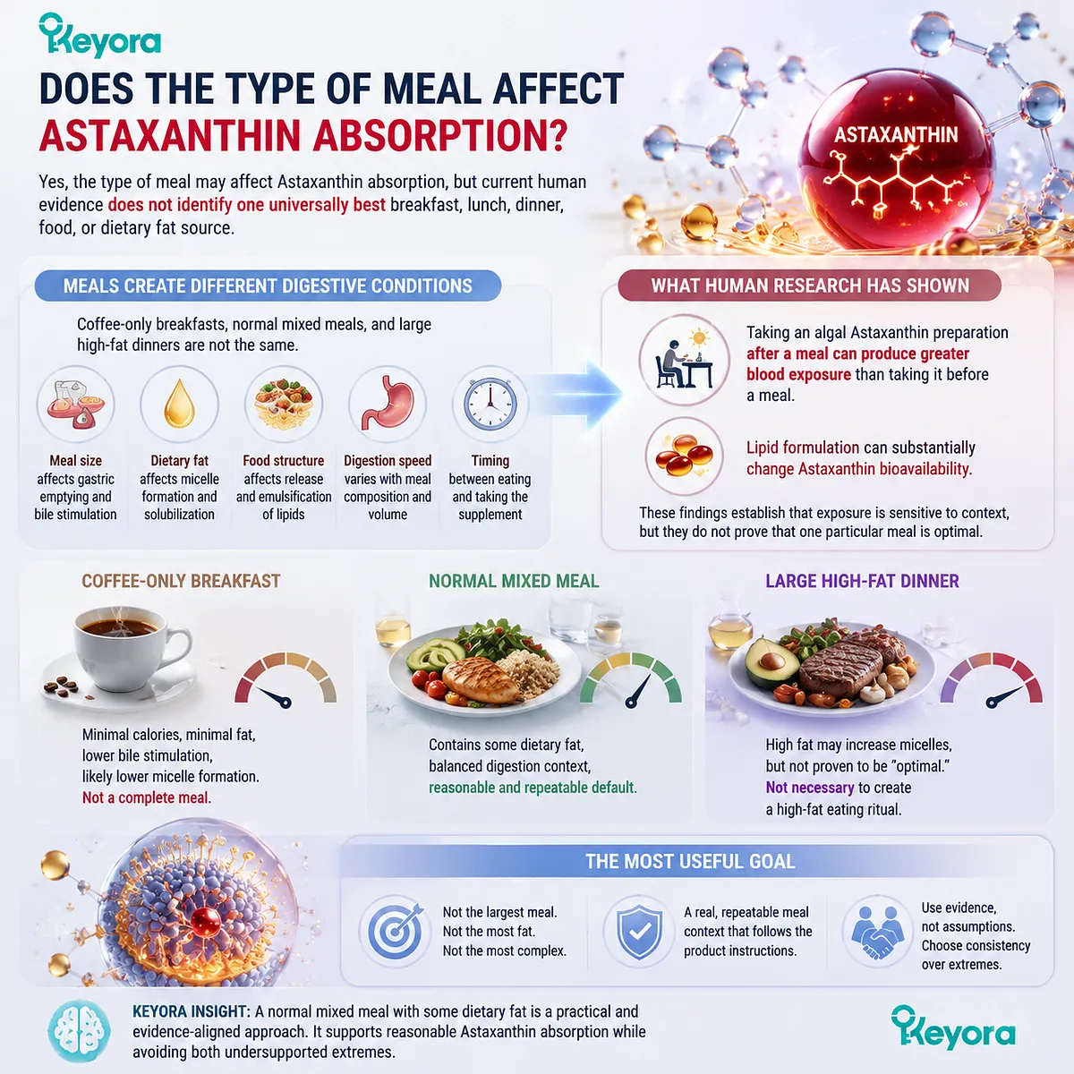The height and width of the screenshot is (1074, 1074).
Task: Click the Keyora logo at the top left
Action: tap(99, 35)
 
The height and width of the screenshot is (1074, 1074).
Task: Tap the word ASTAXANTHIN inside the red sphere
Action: tap(896, 135)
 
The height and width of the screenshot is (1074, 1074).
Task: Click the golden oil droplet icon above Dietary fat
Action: tap(179, 404)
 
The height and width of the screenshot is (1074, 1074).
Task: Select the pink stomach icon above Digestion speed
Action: tap(388, 404)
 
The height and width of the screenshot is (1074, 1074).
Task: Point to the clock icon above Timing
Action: tap(490, 404)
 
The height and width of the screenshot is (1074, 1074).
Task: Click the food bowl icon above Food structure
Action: tap(283, 404)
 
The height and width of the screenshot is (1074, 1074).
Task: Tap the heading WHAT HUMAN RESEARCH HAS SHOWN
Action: tap(810, 286)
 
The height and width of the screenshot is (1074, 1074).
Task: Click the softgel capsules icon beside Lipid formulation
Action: tap(684, 455)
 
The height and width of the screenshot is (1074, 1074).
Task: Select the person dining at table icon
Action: tap(685, 360)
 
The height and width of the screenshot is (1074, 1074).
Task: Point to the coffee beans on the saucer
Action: tap(61, 686)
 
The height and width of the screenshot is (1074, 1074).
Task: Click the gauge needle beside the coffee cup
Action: tap(271, 696)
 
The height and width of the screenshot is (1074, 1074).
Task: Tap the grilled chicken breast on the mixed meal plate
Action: tap(481, 678)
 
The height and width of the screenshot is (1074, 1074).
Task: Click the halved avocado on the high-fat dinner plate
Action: tap(771, 663)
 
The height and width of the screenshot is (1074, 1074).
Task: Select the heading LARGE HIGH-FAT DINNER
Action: tap(862, 582)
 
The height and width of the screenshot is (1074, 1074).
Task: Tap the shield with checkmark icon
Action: tap(639, 932)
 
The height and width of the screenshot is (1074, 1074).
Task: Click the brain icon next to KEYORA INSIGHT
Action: tap(79, 1031)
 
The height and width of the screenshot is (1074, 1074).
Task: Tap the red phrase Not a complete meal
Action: tap(147, 797)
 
